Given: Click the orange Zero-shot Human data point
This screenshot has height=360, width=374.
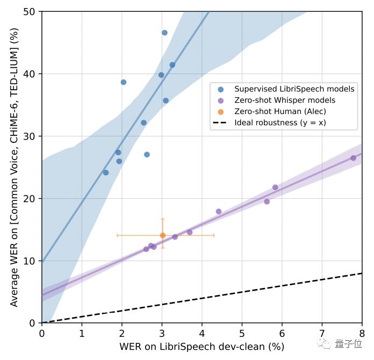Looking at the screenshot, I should coord(163,235).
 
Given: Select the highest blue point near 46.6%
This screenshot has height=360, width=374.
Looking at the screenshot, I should coord(164,33).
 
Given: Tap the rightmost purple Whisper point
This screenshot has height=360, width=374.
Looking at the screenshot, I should coord(353,158).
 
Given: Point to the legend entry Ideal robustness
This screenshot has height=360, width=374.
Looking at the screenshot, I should coord(280,123).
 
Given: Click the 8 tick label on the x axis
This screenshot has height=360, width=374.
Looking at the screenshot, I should coord(362,333).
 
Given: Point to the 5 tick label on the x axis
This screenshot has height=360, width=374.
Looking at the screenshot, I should coord(242,333).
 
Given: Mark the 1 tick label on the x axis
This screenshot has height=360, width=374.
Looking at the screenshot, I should coord(82,333).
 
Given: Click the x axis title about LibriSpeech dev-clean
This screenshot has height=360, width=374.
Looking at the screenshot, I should coord(202,347).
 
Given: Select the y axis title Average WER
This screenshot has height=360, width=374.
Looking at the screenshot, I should coord(15,167).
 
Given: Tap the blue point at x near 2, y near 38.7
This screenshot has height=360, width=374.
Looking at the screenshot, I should coord(123,82).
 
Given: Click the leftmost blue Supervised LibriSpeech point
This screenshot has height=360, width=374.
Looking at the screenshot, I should coord(105,172).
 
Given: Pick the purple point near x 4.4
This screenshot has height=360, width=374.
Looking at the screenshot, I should coord(218,212).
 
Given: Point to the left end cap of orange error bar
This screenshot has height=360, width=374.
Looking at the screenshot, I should coord(117,235).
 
